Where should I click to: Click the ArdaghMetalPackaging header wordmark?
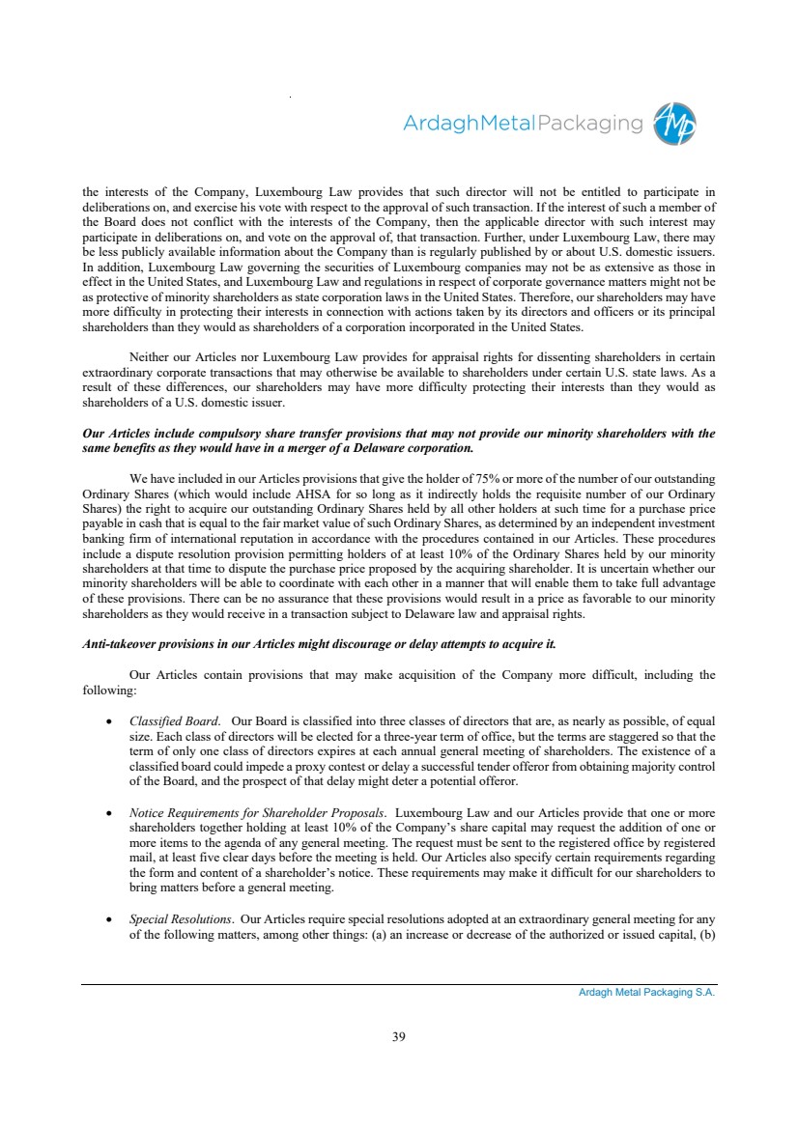522,124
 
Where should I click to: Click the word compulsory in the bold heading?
235,434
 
